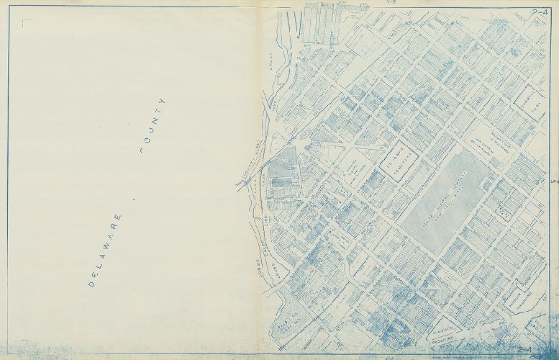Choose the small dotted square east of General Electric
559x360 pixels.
[504, 212]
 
